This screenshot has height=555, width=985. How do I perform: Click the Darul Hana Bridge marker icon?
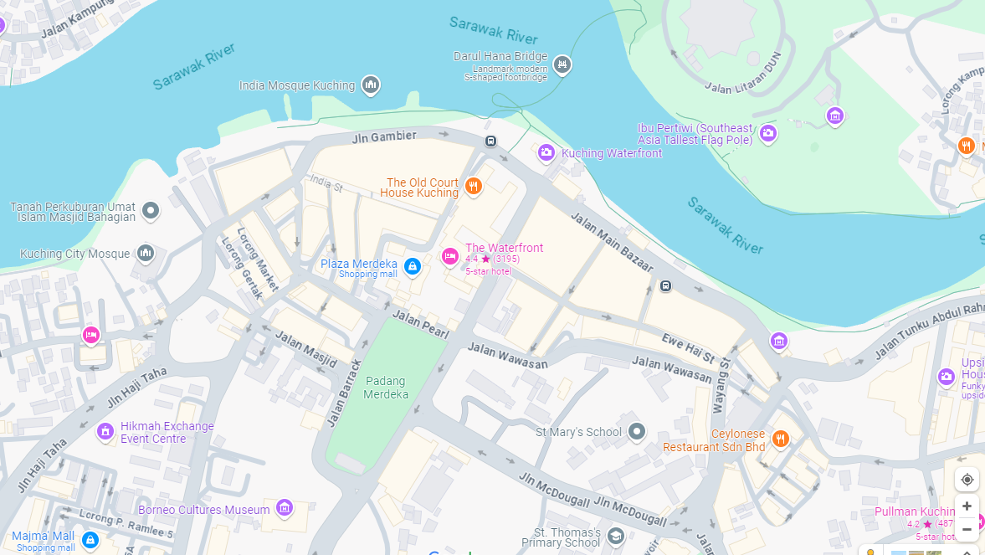point(562,64)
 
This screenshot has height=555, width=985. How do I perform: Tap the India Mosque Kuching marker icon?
point(371,85)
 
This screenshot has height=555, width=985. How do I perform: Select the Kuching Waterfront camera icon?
point(546,152)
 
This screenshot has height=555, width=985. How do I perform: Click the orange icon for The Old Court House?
point(474,186)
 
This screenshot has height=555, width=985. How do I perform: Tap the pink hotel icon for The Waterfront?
point(450,256)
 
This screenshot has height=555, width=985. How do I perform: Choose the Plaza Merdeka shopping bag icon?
point(412,266)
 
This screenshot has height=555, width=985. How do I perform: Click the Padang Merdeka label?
point(387,388)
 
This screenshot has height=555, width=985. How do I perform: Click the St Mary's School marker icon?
point(637,432)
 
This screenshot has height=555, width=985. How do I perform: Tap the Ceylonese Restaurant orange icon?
point(780,438)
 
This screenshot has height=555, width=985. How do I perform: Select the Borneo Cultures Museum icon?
point(285,508)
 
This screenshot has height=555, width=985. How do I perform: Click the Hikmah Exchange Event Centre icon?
point(105,431)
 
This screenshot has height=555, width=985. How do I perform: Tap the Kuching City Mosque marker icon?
point(146,253)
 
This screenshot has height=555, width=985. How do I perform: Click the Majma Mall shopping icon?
point(90,540)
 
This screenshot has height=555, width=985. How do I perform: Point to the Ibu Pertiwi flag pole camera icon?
point(767,132)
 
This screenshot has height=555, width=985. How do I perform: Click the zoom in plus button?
point(967,506)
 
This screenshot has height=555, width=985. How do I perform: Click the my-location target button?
point(967,479)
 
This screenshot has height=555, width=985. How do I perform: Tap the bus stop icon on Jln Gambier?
point(490,141)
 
